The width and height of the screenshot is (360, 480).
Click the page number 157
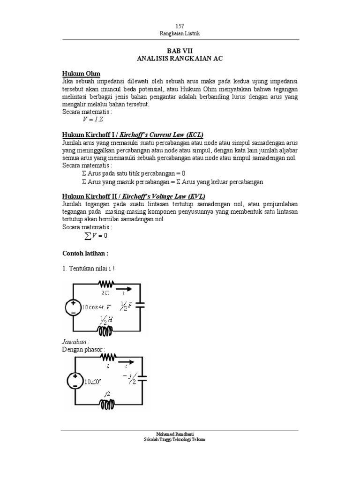[x=180, y=26]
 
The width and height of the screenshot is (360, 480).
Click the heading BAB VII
[x=180, y=50]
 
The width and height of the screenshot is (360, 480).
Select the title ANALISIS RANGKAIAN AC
[x=180, y=58]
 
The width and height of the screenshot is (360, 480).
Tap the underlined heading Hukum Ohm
[x=82, y=74]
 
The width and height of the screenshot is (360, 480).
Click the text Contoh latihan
[x=85, y=253]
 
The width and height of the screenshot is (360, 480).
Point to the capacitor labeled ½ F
[x=140, y=305]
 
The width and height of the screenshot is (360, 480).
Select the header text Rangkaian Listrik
[x=180, y=33]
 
